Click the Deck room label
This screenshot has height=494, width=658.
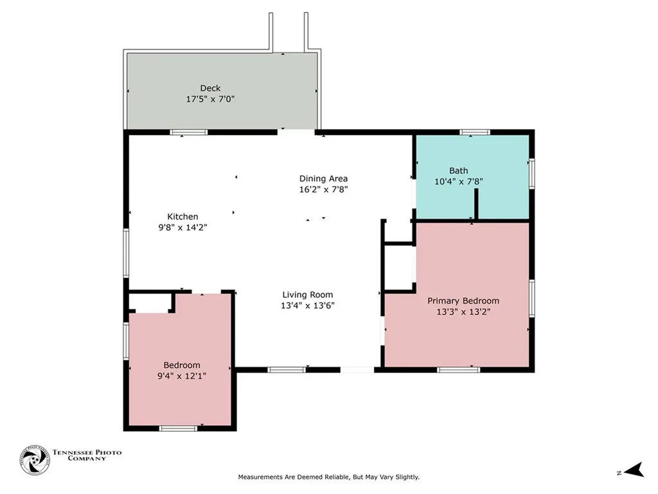(210, 88)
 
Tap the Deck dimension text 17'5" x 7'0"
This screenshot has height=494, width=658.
(210, 99)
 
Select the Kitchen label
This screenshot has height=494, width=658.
(182, 217)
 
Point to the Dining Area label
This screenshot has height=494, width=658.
(323, 179)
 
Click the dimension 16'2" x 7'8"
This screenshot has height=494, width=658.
(323, 190)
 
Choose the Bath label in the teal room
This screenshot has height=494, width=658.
(459, 170)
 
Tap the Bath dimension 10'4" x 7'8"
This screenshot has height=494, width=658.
(459, 181)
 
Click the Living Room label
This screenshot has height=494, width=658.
(308, 295)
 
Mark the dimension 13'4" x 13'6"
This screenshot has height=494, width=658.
(308, 306)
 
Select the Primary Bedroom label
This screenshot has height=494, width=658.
(463, 301)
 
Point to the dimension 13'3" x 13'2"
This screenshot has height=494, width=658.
(463, 312)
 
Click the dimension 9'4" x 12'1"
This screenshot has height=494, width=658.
(182, 376)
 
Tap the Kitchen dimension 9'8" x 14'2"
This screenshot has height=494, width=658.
(182, 228)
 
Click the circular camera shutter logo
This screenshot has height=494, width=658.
(35, 461)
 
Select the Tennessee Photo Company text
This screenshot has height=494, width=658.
(87, 455)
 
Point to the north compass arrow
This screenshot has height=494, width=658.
(634, 470)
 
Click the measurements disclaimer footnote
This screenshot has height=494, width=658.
(328, 477)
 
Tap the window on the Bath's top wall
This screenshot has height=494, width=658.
(475, 133)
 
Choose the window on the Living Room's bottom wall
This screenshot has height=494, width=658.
(287, 370)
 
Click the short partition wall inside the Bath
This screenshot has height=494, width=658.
(476, 204)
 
